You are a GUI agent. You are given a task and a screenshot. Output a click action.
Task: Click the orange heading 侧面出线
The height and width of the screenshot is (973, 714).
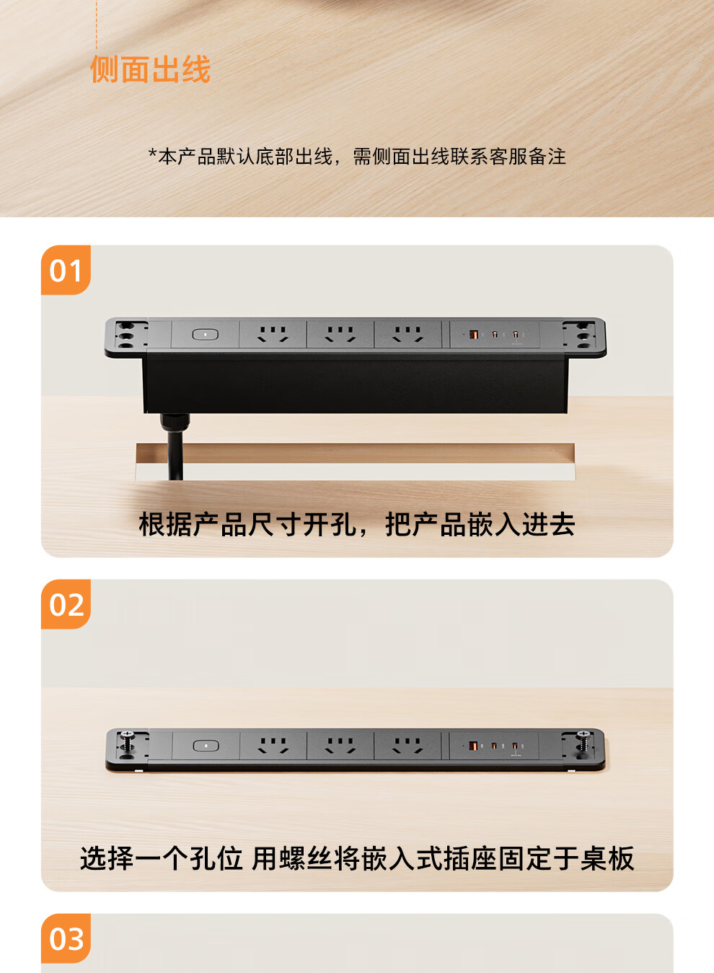(150, 69)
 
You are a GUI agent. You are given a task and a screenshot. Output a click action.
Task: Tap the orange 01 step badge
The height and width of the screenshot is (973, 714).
(66, 270)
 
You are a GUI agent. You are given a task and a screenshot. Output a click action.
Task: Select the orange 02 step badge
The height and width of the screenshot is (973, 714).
(66, 604)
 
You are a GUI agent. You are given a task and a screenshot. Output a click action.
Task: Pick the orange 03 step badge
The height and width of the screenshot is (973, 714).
(66, 938)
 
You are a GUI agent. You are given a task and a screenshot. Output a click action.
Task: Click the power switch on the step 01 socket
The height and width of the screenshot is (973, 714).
(206, 334)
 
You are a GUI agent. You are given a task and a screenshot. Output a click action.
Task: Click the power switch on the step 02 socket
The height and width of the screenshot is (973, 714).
(206, 746)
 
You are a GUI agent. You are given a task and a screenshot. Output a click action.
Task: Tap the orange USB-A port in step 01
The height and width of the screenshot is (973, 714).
(474, 334)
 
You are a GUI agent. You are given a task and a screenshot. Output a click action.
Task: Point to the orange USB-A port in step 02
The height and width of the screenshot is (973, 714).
(472, 746)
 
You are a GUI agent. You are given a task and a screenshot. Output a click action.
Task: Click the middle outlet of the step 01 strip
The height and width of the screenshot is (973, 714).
(340, 334)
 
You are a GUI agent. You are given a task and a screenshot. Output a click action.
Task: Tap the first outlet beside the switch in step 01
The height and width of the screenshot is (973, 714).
(273, 334)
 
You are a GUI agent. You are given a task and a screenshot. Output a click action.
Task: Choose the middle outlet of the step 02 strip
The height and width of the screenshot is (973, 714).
(340, 746)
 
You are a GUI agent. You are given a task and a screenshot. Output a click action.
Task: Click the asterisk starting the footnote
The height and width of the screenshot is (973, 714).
(152, 153)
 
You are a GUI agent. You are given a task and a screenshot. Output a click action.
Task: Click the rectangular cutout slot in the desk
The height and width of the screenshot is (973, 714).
(355, 461)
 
